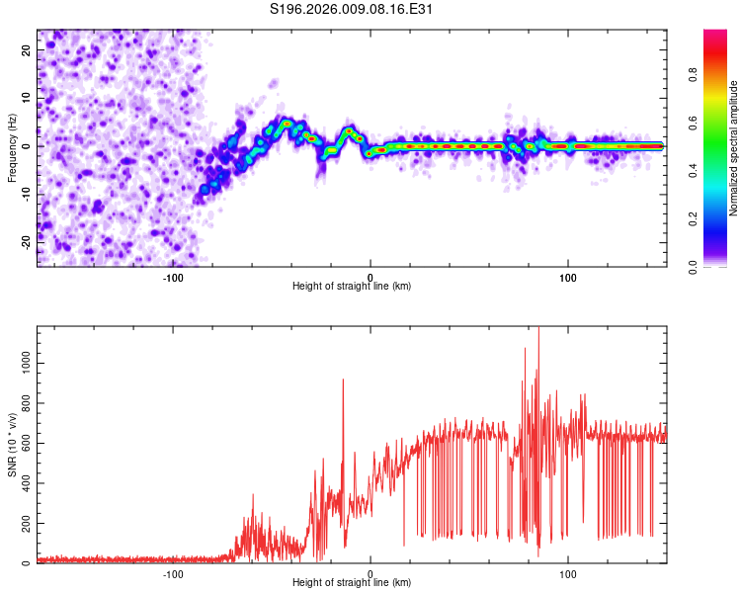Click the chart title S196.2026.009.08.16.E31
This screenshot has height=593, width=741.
(x=353, y=9)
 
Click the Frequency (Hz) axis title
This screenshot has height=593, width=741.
(x=12, y=147)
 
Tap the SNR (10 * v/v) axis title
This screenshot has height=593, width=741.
(x=12, y=445)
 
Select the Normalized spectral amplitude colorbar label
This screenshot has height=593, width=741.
(x=734, y=148)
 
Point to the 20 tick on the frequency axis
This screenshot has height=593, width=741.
(x=27, y=51)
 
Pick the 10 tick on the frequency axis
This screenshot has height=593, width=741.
(x=27, y=99)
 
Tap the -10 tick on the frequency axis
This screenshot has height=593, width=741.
(x=27, y=194)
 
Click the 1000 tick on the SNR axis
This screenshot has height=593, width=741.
(x=22, y=364)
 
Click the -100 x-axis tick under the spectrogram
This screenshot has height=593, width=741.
(x=173, y=277)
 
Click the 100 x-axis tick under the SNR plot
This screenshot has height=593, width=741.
(x=568, y=574)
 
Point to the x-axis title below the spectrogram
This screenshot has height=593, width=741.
(x=352, y=287)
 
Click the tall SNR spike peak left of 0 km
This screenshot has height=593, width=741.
(x=343, y=380)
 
